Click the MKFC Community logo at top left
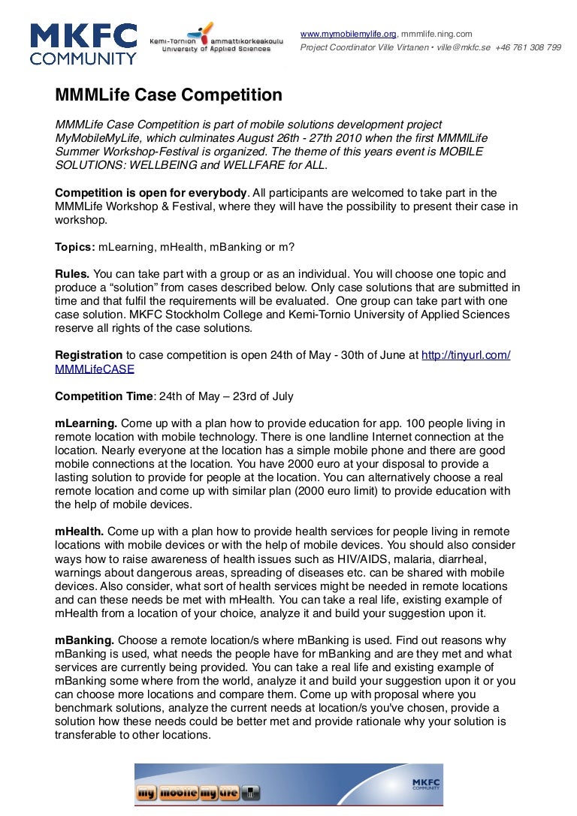coord(83,44)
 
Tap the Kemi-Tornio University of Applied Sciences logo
coord(216,37)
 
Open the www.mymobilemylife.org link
coord(348,34)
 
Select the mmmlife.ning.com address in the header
coord(437,34)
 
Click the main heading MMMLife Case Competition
coord(168,95)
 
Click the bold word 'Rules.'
coord(72,274)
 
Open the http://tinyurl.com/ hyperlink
coord(466,354)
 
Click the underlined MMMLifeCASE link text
coord(95,369)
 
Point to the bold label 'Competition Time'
coord(104,396)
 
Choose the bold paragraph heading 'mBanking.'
coord(84,640)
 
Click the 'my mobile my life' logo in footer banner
coord(198,793)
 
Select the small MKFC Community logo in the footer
coord(425,784)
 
